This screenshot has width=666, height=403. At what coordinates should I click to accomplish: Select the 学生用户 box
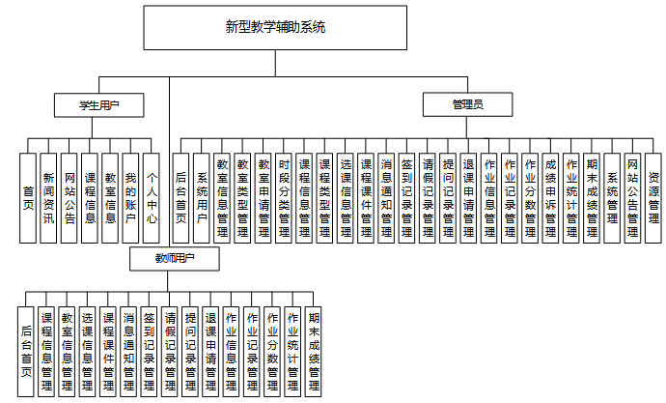tap(99, 103)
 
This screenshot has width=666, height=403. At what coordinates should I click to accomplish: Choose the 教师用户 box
tap(175, 258)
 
